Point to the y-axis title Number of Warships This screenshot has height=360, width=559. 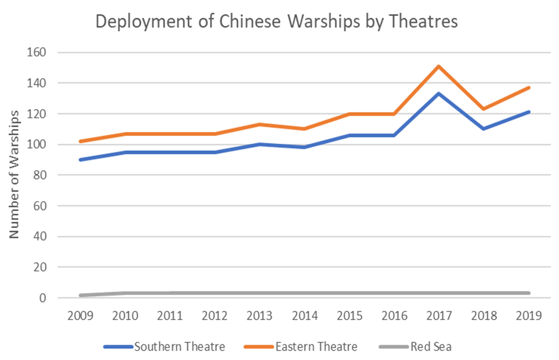(x=15, y=175)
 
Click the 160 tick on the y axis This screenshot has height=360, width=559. (x=38, y=53)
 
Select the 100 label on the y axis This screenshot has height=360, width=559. (x=38, y=145)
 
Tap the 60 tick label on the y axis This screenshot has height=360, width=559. (x=41, y=206)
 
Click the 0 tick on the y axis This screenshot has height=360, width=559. (x=43, y=298)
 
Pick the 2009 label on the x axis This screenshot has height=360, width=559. (x=80, y=316)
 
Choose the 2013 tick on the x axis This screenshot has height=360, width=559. (x=260, y=316)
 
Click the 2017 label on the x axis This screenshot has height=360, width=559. (x=439, y=316)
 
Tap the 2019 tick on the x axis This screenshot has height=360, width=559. (x=529, y=316)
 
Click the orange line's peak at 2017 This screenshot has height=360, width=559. (x=439, y=66)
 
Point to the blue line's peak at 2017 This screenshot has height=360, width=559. (x=439, y=94)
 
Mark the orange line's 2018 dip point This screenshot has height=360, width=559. (x=484, y=109)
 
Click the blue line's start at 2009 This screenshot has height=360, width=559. (x=80, y=160)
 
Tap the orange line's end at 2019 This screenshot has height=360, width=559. (x=529, y=88)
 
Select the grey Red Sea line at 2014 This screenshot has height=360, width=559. (x=305, y=293)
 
